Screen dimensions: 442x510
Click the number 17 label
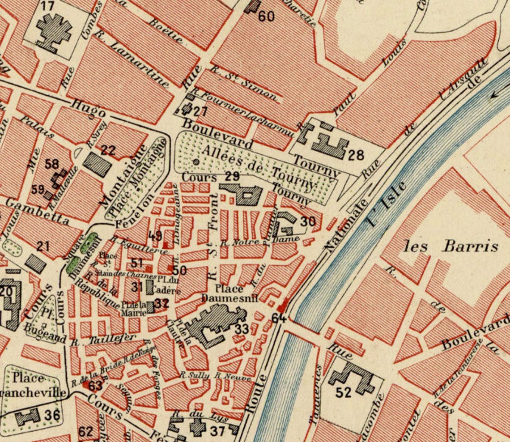coord(47,6)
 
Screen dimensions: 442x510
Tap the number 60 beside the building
coord(266,16)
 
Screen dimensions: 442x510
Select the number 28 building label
coord(356,155)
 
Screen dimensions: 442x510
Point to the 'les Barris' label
coord(451,246)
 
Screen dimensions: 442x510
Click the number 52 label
coord(344,392)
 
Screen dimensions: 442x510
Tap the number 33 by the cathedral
coord(242,329)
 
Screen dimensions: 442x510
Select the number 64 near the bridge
coord(279,318)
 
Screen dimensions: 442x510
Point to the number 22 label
coord(108,150)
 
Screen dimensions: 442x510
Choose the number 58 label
coord(52,164)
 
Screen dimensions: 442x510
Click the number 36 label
coord(52,415)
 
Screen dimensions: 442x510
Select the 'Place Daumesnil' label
coord(229,293)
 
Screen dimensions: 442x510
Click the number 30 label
coord(307,221)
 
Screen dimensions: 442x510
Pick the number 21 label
coord(43,246)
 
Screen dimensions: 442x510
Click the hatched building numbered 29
coord(244,193)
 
